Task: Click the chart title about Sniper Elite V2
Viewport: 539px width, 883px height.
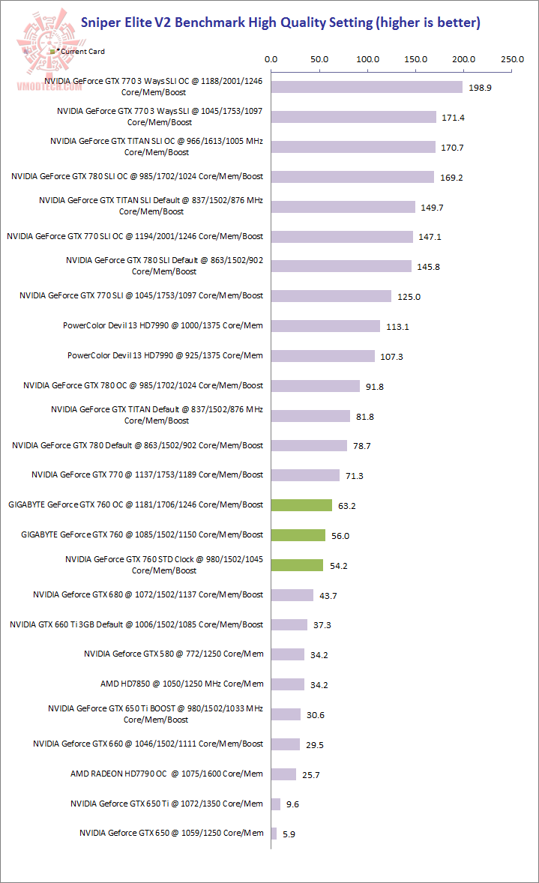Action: click(280, 22)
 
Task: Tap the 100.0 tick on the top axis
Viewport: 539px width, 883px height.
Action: click(367, 58)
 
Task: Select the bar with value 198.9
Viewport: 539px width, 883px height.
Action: click(367, 87)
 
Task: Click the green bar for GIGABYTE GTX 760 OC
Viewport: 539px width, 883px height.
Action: click(301, 505)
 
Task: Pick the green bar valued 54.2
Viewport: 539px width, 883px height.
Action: click(297, 565)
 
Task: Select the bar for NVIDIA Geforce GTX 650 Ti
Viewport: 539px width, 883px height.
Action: click(275, 804)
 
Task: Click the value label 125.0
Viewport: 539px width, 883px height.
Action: click(409, 297)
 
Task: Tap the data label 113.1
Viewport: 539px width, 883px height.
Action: click(397, 327)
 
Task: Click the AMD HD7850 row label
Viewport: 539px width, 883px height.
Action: click(182, 684)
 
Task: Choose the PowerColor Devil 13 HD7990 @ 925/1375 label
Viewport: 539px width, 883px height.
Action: click(165, 355)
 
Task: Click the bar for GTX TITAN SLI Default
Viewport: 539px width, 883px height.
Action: click(343, 207)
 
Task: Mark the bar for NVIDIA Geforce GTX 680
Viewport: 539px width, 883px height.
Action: click(292, 595)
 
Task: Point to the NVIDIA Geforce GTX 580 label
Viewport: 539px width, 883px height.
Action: click(184, 654)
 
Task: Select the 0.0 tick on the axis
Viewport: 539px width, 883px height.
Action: click(271, 58)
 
